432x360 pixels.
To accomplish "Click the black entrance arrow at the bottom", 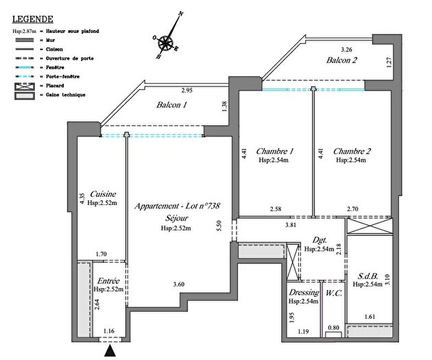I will click(109, 352).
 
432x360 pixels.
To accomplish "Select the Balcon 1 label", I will click(172, 106).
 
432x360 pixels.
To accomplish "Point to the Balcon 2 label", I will click(342, 61).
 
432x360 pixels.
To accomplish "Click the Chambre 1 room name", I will click(275, 151).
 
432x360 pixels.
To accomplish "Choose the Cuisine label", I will click(102, 194).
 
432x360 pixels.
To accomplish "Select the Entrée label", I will click(108, 280).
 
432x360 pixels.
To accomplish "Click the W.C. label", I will click(334, 293).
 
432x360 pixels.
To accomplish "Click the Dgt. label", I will click(319, 241).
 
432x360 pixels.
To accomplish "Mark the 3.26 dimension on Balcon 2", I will click(348, 49).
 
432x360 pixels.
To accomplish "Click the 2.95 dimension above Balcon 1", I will click(187, 91).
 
